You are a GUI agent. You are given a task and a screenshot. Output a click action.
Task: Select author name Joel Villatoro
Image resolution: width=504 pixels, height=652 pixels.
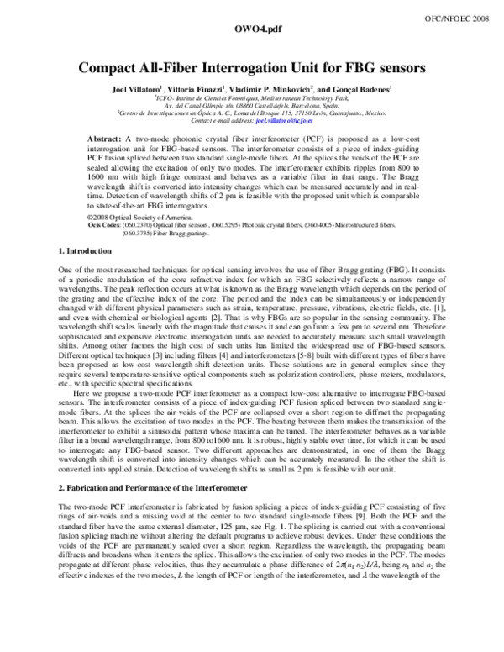pyautogui.click(x=138, y=88)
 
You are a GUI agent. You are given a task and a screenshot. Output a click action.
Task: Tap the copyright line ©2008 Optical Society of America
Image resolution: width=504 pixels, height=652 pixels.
pyautogui.click(x=141, y=216)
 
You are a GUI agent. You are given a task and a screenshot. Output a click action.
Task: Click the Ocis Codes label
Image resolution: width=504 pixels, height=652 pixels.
pyautogui.click(x=107, y=225)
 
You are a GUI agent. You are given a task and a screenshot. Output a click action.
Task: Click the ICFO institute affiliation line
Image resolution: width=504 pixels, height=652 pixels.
pyautogui.click(x=252, y=98)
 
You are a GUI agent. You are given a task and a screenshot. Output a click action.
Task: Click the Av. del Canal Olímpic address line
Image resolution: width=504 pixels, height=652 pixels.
pyautogui.click(x=252, y=106)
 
